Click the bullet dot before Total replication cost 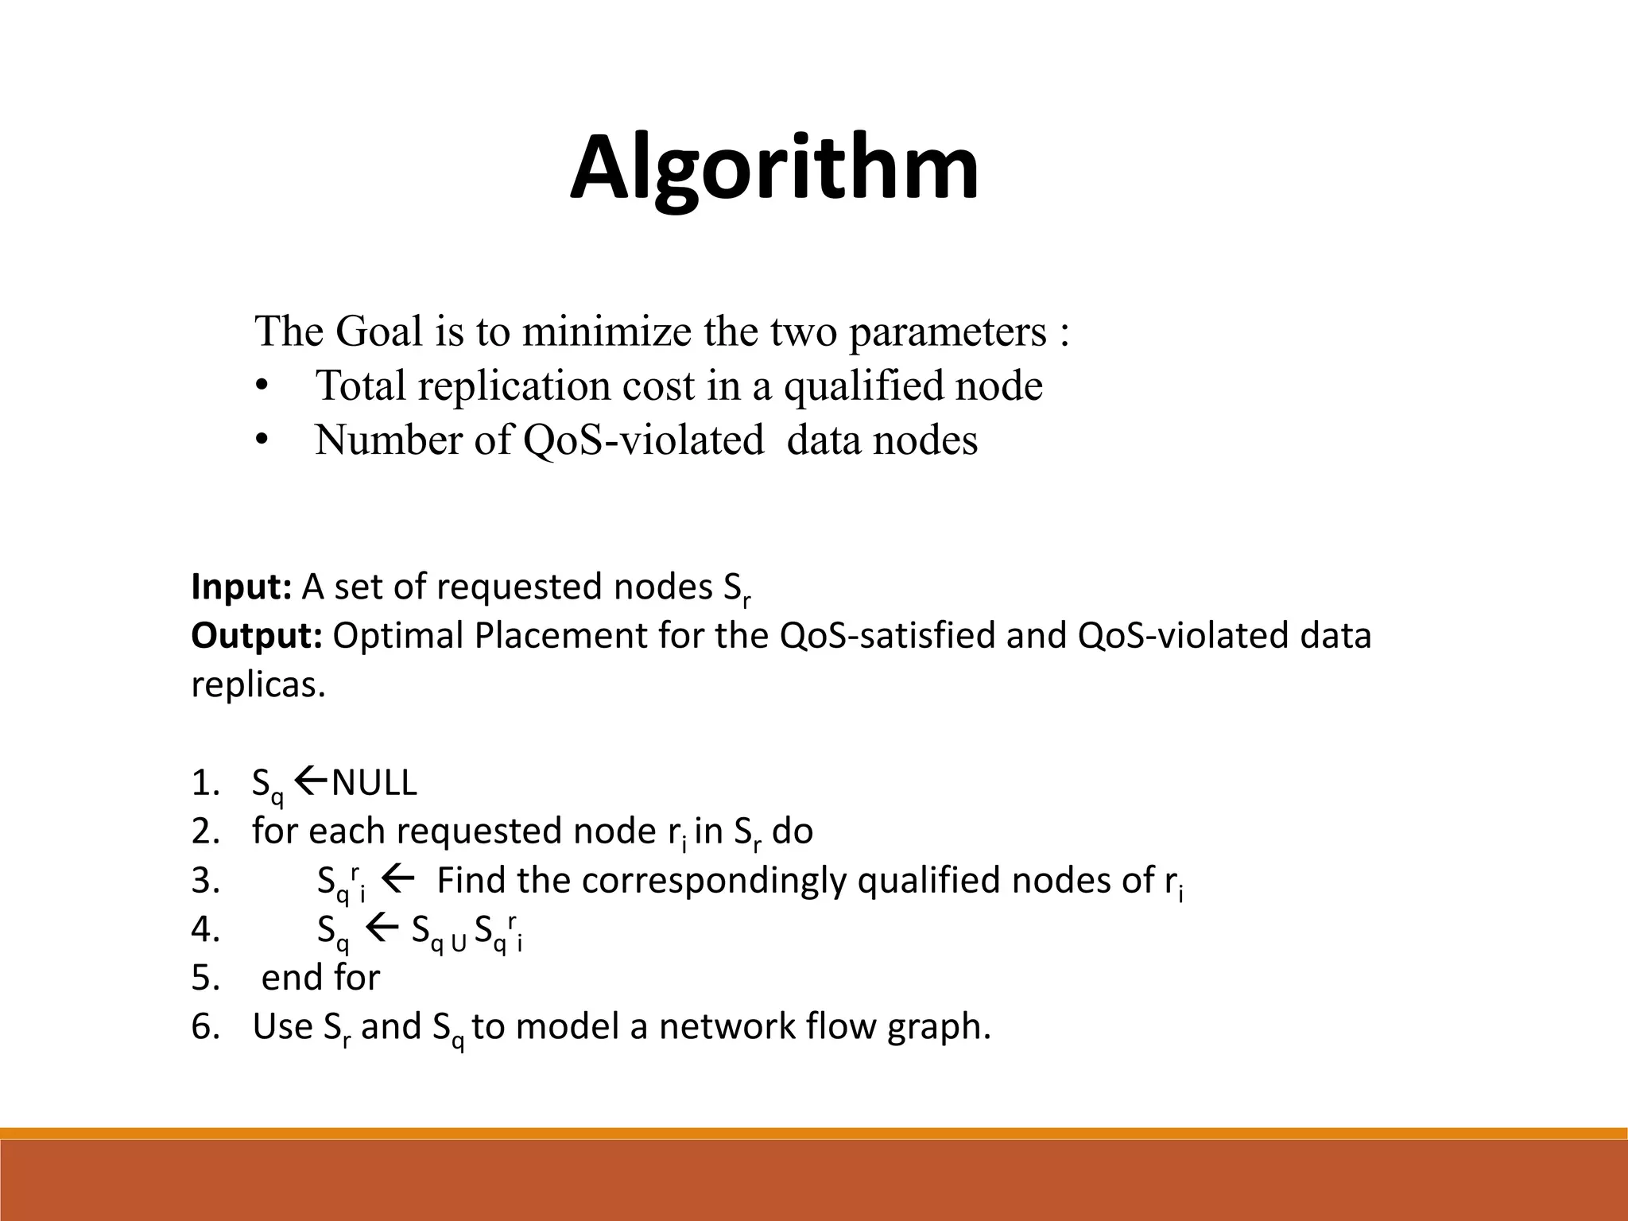tap(262, 387)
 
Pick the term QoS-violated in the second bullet tap(643, 440)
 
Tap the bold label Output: tap(256, 636)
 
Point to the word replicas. tap(258, 684)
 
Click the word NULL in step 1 tap(374, 784)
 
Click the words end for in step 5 tap(320, 978)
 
